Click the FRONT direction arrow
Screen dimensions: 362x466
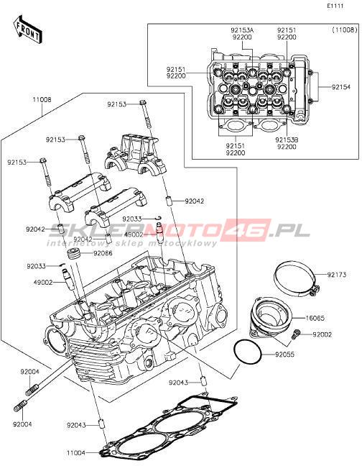[x=27, y=29]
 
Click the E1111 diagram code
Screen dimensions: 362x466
[x=335, y=6]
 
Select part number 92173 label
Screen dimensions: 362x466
[x=337, y=275]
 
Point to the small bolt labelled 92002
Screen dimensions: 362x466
[x=296, y=334]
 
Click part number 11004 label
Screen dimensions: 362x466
[x=76, y=453]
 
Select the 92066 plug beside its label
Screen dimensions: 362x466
[x=73, y=254]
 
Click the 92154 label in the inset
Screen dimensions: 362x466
[x=341, y=87]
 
